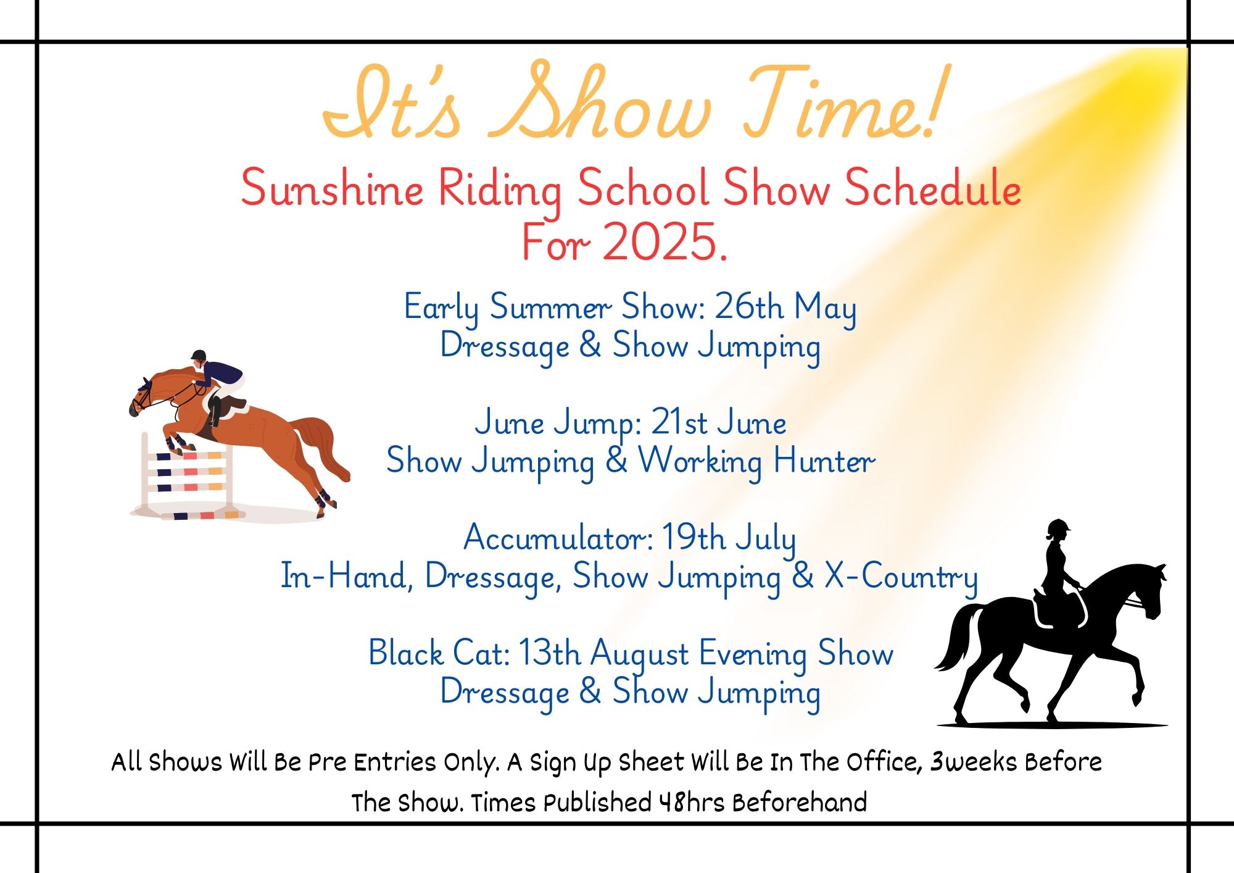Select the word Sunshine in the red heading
(x=331, y=188)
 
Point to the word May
(x=825, y=308)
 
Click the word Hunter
(x=824, y=461)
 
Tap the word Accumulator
(x=558, y=538)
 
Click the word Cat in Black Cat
(x=481, y=653)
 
